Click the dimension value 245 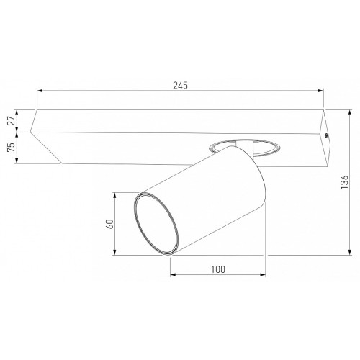(x=181, y=86)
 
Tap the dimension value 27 (x=11, y=121)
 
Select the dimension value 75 (x=11, y=148)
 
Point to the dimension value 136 (x=344, y=182)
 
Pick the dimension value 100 (x=218, y=269)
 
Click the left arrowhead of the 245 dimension (x=40, y=91)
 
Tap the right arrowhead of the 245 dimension (x=320, y=91)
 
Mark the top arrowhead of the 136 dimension (x=350, y=113)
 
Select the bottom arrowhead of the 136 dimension (x=350, y=252)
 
